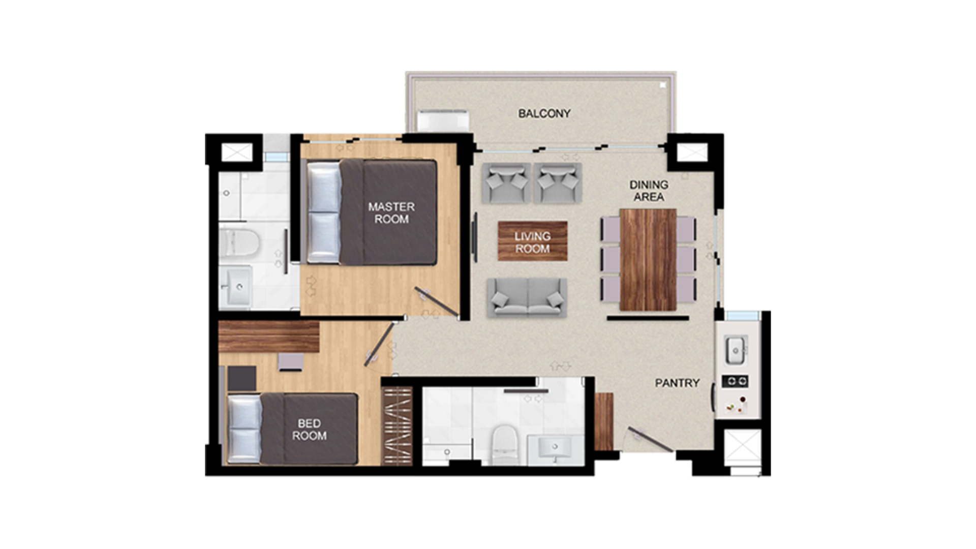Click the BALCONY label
(x=544, y=113)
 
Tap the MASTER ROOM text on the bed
(x=391, y=213)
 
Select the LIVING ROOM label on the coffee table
(x=532, y=242)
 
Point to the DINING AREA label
(x=649, y=191)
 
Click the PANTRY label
(x=677, y=383)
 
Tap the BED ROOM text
(x=309, y=430)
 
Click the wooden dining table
(x=648, y=259)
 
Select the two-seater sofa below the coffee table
(x=527, y=298)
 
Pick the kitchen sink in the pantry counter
(x=735, y=350)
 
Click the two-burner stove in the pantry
(x=735, y=381)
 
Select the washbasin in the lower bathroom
(x=555, y=450)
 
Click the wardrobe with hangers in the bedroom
(x=398, y=426)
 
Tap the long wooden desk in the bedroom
(x=268, y=337)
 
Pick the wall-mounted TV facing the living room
(x=475, y=238)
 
